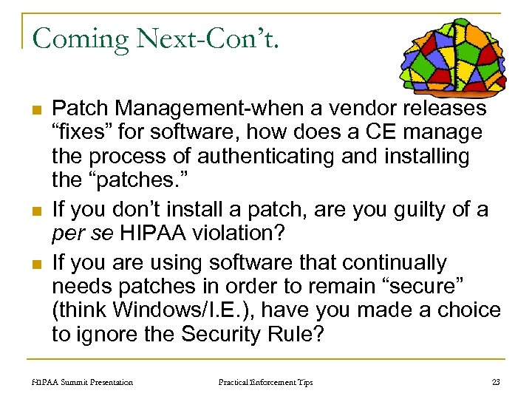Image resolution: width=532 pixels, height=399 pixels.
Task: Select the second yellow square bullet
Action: (x=35, y=211)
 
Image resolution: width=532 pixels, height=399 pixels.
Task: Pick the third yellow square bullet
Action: (x=35, y=262)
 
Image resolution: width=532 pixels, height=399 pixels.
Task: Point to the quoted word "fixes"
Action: (x=82, y=133)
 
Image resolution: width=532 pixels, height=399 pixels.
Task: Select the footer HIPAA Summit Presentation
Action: (x=83, y=382)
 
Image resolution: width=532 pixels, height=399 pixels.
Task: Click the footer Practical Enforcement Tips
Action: (x=265, y=382)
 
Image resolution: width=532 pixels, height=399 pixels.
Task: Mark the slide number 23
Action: (x=495, y=382)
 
